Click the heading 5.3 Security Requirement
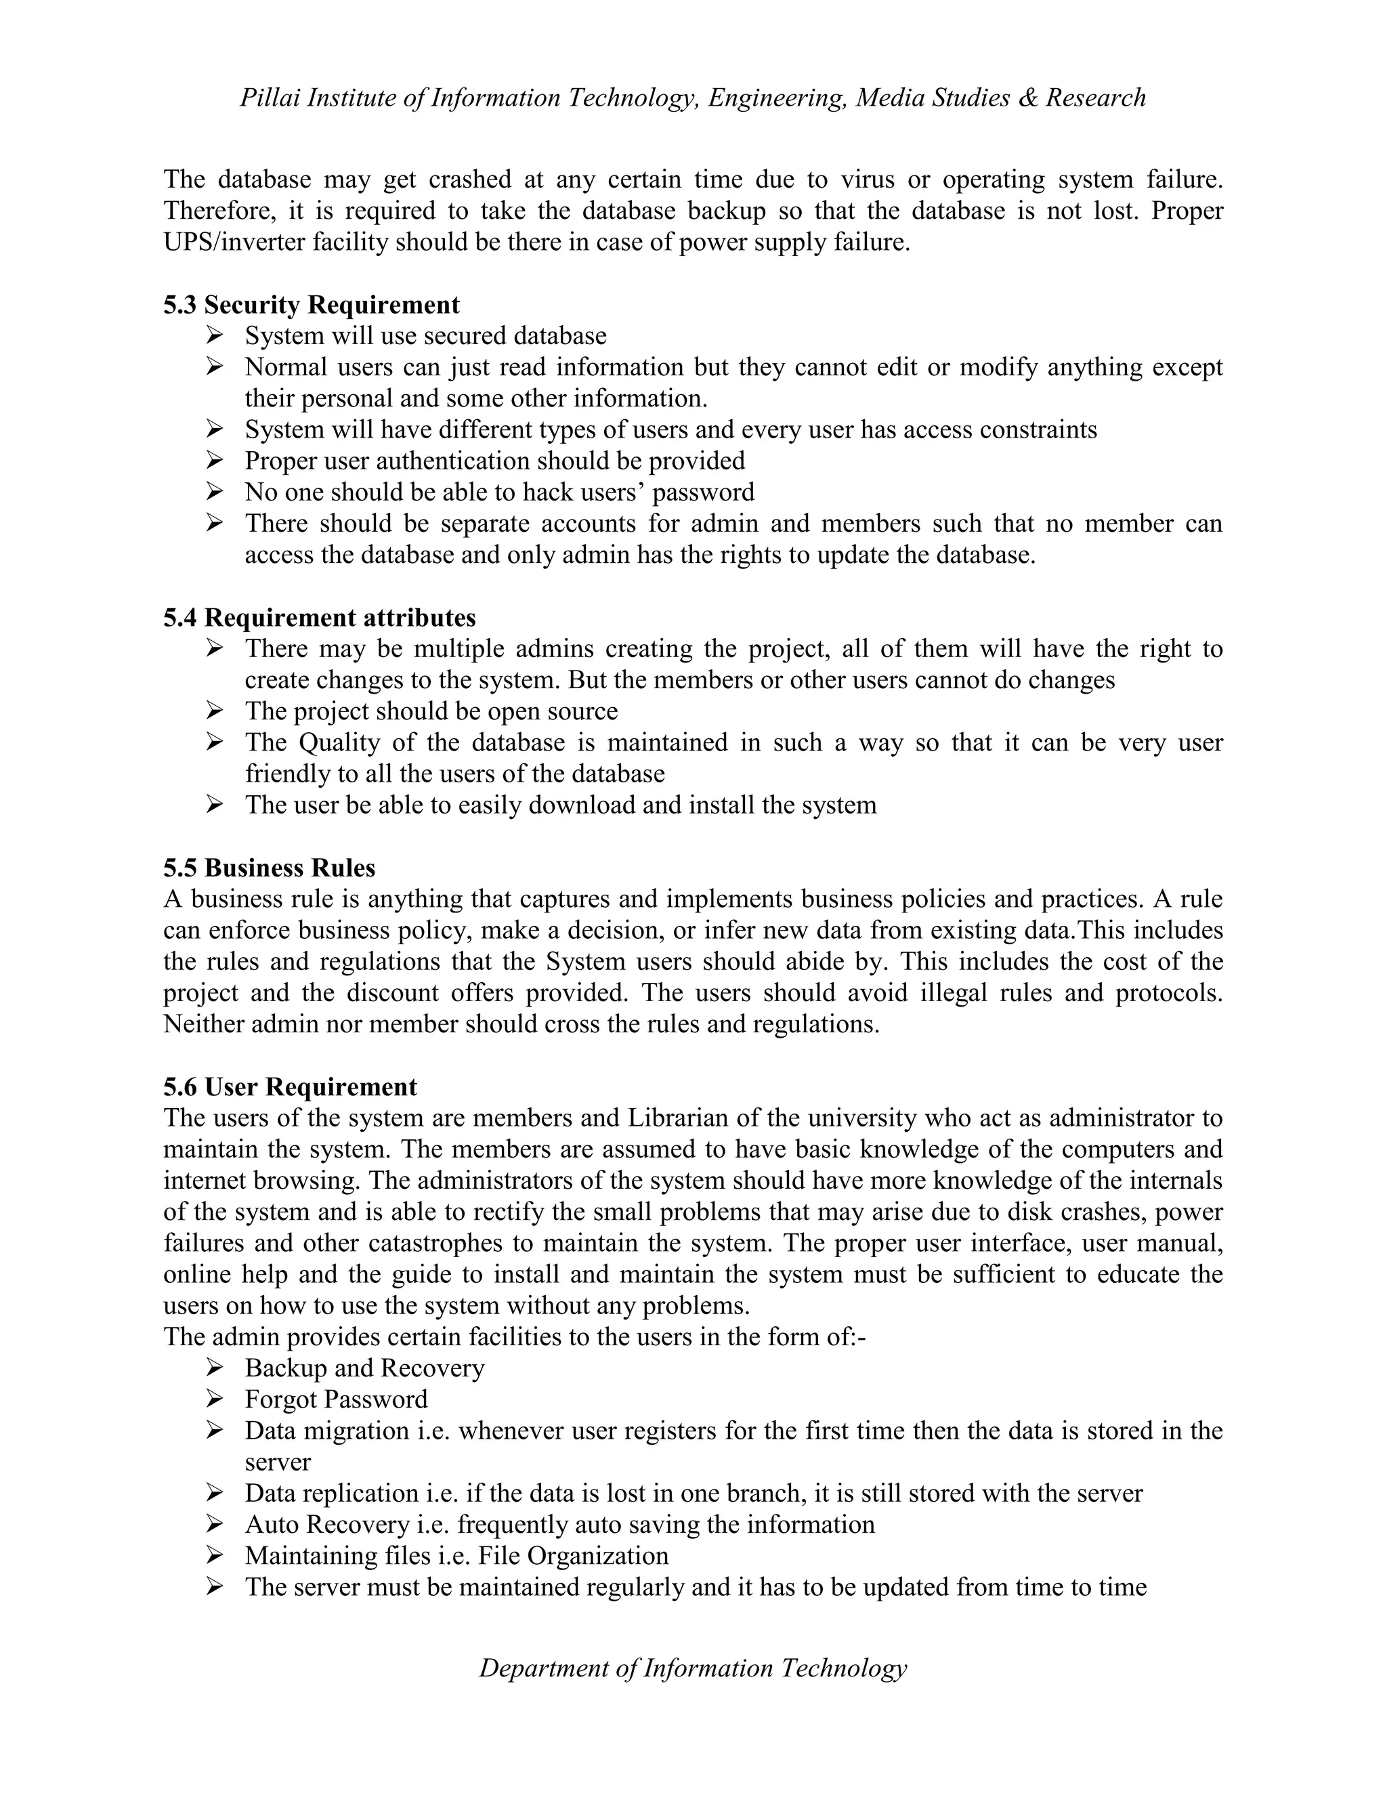click(312, 305)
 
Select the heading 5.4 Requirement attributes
click(320, 617)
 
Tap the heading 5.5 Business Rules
click(270, 868)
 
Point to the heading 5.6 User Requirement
click(290, 1086)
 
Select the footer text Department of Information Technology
click(693, 1668)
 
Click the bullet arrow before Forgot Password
click(215, 1398)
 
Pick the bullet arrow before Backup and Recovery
click(215, 1367)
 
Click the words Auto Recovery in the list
click(326, 1524)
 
